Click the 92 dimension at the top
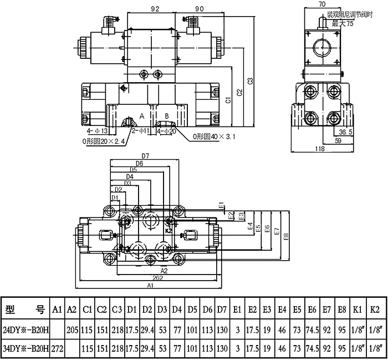pos(155,9)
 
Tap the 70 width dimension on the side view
pos(322,4)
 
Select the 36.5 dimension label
pos(345,132)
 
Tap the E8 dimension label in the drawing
pos(285,237)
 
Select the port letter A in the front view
pos(141,116)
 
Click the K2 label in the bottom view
pos(170,229)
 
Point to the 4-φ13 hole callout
pos(98,131)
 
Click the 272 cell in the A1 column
pos(58,349)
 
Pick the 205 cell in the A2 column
pos(72,329)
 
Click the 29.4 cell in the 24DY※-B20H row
pos(147,329)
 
